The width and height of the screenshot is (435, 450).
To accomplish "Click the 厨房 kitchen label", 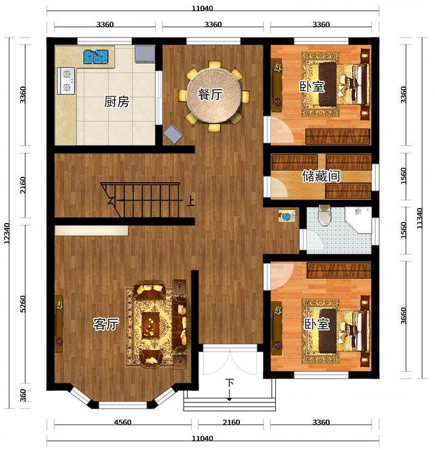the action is click(x=116, y=101).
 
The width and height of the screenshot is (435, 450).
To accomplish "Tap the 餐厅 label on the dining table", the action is click(x=210, y=94).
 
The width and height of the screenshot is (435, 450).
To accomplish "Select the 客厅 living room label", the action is click(x=105, y=324).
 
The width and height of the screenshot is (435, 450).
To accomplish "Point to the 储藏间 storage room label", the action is click(x=321, y=176).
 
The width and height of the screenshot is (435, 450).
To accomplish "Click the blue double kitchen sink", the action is click(x=96, y=57).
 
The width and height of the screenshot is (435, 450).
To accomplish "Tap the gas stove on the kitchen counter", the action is click(x=67, y=81).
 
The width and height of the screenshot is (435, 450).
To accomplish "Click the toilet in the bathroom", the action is click(x=324, y=215).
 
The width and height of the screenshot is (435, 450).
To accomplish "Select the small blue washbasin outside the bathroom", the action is click(x=287, y=215).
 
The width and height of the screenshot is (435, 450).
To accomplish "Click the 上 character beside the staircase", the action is click(x=190, y=201).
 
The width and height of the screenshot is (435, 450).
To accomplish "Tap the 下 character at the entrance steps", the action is click(x=229, y=383).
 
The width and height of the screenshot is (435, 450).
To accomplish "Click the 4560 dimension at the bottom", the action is click(x=122, y=422).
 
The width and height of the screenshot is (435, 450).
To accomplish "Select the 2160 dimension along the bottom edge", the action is click(x=231, y=422).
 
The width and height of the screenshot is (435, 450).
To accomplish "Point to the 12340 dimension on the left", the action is click(x=7, y=234).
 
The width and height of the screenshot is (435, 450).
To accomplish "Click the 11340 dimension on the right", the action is click(x=419, y=218).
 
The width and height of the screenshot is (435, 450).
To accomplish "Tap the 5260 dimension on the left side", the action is click(x=23, y=304).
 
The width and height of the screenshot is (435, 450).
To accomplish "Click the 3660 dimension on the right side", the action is click(x=404, y=315).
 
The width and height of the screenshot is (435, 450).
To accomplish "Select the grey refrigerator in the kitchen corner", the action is click(x=145, y=54).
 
